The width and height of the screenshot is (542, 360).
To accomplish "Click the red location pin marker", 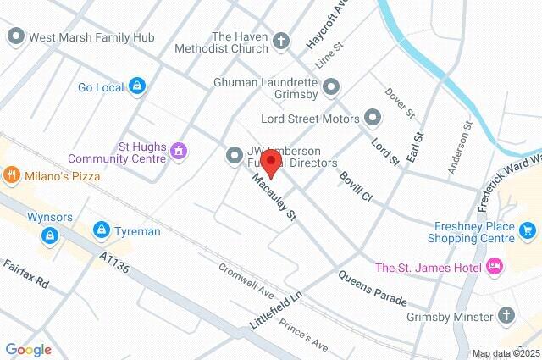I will pyautogui.click(x=270, y=163).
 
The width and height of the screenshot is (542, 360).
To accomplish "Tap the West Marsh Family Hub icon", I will pyautogui.click(x=15, y=36).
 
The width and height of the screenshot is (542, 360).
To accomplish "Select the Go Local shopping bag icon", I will pyautogui.click(x=137, y=86).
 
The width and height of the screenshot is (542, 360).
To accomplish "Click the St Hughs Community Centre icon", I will pyautogui.click(x=178, y=151).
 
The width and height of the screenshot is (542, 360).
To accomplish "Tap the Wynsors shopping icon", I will pyautogui.click(x=51, y=234).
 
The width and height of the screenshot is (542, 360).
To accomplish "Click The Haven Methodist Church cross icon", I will pyautogui.click(x=281, y=41).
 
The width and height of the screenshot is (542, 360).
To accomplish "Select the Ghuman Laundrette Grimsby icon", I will pyautogui.click(x=330, y=86).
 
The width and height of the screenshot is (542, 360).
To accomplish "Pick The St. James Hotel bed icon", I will pyautogui.click(x=495, y=268).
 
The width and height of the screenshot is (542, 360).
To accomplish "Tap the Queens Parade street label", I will pyautogui.click(x=372, y=288).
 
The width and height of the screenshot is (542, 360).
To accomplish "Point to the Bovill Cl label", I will pyautogui.click(x=355, y=186).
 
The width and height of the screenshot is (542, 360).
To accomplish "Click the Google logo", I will pyautogui.click(x=28, y=349).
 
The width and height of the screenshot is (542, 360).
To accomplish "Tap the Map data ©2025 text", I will pyautogui.click(x=505, y=353).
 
